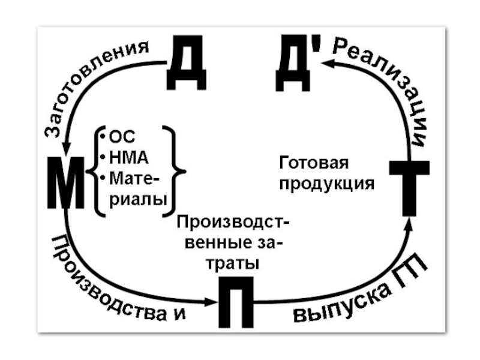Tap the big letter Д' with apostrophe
tap(293, 64)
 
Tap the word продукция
tap(326, 184)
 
